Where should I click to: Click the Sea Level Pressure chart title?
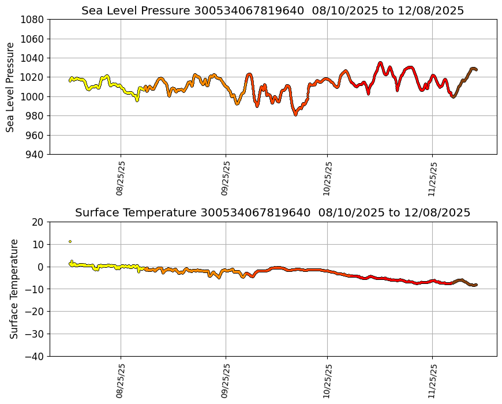pyautogui.click(x=272, y=10)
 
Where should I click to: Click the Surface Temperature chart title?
pyautogui.click(x=272, y=212)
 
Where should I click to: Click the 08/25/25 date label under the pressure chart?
pyautogui.click(x=121, y=178)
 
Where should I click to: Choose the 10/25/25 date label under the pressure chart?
pyautogui.click(x=327, y=178)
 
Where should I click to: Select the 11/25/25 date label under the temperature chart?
pyautogui.click(x=432, y=380)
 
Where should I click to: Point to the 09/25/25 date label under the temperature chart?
pyautogui.click(x=226, y=380)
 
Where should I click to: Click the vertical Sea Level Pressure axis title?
pyautogui.click(x=10, y=87)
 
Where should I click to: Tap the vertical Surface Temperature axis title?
pyautogui.click(x=14, y=289)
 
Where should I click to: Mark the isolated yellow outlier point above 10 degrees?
pyautogui.click(x=70, y=241)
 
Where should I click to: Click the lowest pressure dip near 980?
pyautogui.click(x=295, y=114)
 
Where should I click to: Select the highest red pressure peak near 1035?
pyautogui.click(x=380, y=63)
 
